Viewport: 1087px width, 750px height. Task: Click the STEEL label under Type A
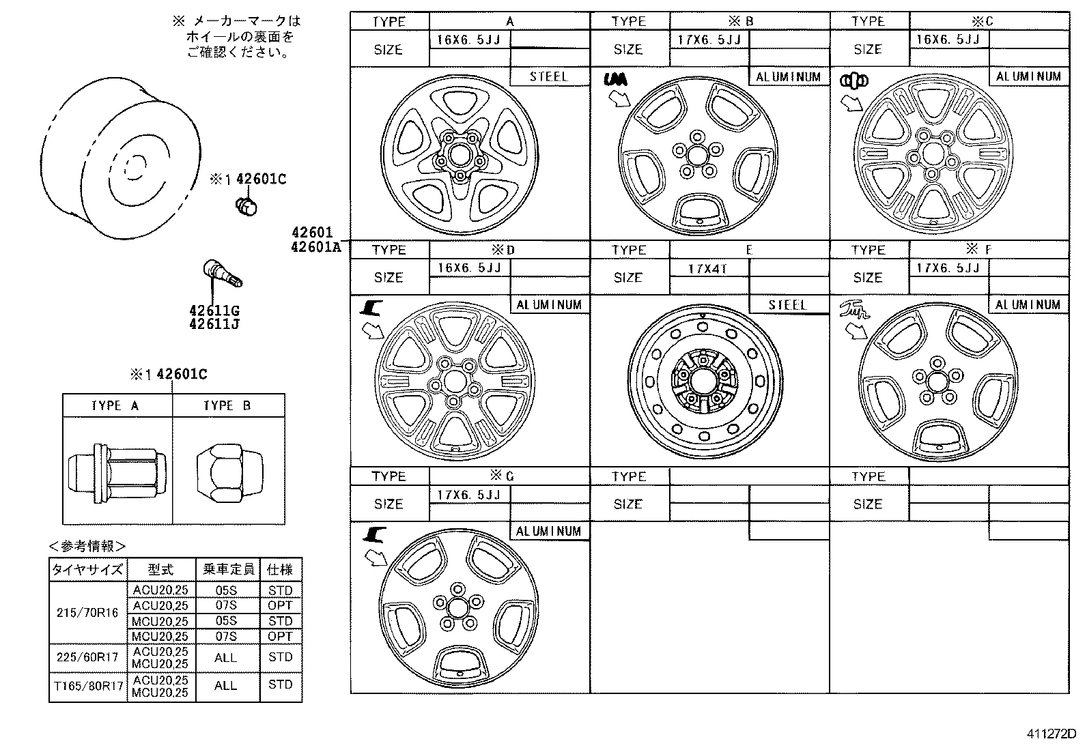(x=549, y=76)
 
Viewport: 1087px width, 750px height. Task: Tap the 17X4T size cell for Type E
(x=707, y=268)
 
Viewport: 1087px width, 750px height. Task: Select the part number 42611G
(x=214, y=311)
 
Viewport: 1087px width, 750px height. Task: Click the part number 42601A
(x=315, y=246)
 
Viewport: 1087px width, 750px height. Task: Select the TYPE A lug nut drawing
(x=117, y=471)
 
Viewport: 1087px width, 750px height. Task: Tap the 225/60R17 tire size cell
(x=87, y=658)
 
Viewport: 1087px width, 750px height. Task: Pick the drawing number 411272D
(x=1051, y=735)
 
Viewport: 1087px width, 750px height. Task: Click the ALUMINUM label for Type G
(x=548, y=531)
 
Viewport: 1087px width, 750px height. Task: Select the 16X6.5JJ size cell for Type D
(x=469, y=268)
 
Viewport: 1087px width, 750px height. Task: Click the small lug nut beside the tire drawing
(x=246, y=205)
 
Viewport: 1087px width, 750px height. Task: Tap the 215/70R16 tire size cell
(x=87, y=613)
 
